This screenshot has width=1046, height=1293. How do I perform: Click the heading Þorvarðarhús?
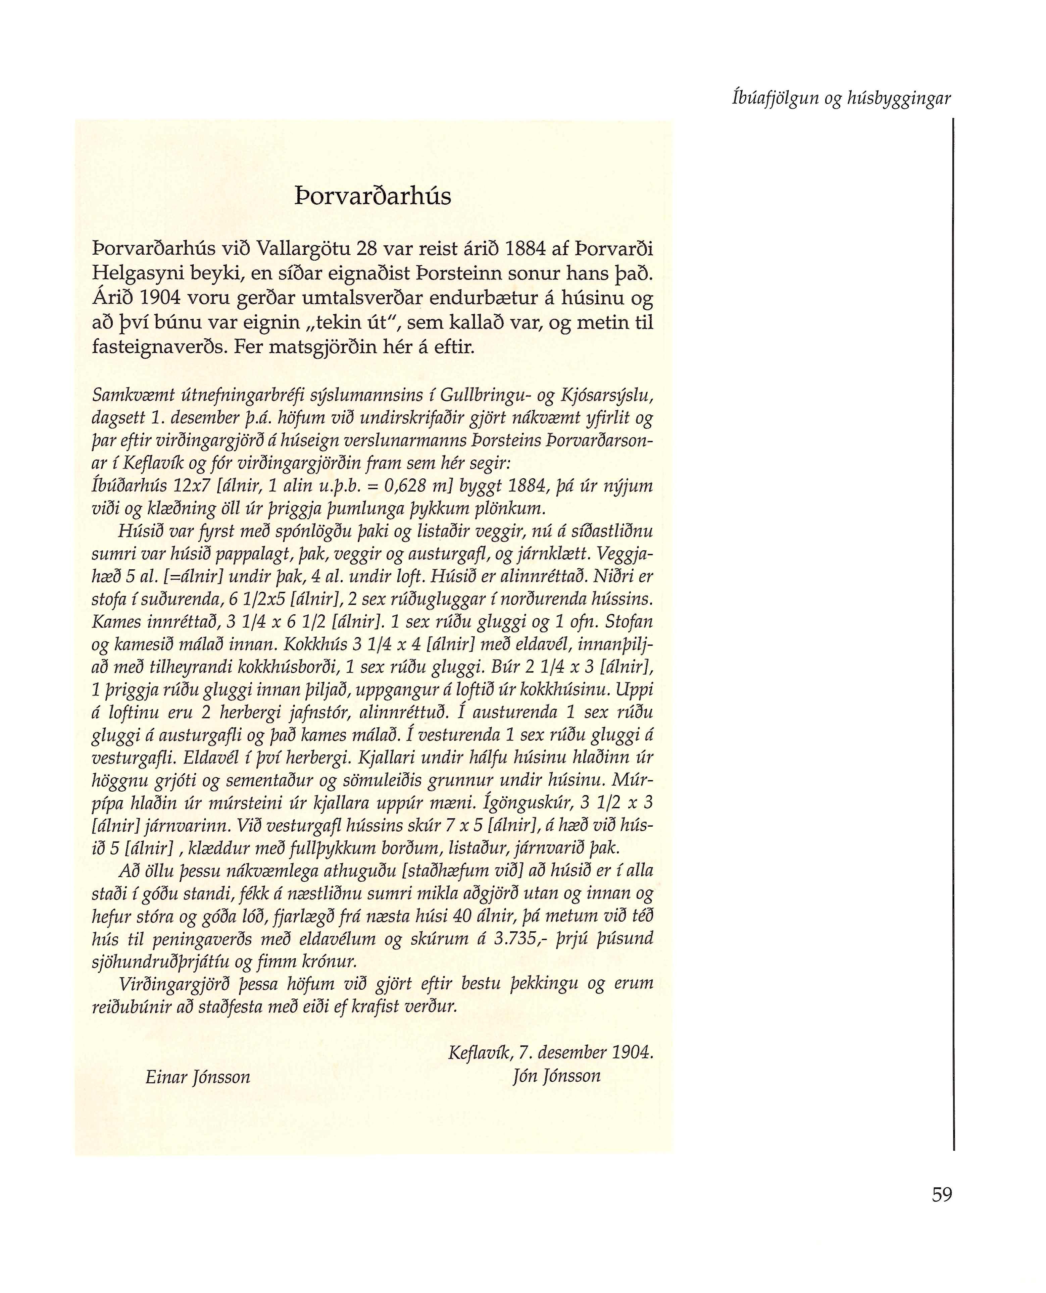(373, 197)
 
